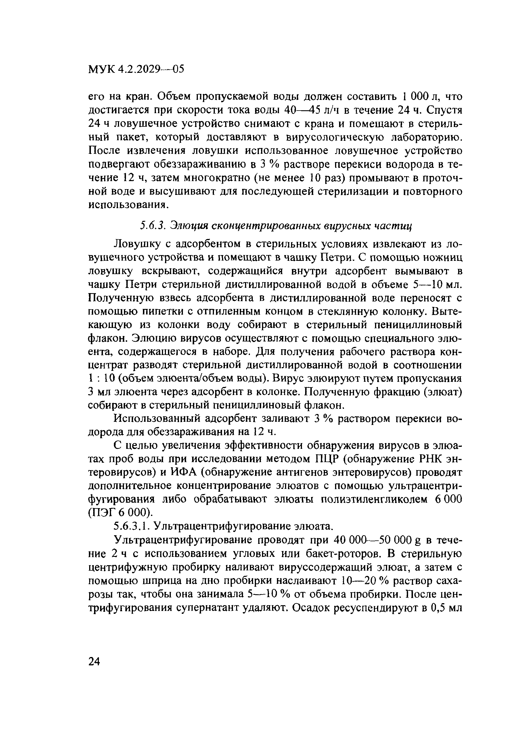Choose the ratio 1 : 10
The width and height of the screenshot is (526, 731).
101,378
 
